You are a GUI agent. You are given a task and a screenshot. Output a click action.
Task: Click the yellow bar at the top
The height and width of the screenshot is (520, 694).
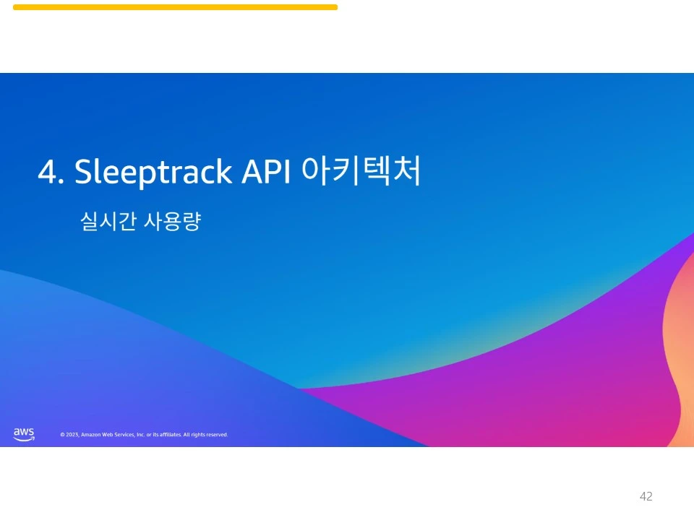pos(175,7)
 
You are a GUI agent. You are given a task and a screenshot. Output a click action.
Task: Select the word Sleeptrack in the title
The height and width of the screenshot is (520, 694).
pos(153,173)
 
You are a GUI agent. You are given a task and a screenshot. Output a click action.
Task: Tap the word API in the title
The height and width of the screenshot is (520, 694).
pos(265,172)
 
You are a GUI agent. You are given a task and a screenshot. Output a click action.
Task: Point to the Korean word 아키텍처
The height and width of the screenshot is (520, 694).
pos(361,170)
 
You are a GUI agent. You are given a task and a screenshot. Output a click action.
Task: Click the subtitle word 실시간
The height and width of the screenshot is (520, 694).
pos(108,221)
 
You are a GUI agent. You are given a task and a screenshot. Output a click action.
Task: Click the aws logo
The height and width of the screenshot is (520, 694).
pos(24,435)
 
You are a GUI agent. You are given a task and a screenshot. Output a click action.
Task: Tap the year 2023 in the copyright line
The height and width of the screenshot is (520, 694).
pos(72,435)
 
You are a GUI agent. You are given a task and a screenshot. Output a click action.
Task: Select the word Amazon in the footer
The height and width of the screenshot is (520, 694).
pos(91,435)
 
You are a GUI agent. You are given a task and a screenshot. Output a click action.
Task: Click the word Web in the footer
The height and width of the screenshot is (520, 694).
pos(108,435)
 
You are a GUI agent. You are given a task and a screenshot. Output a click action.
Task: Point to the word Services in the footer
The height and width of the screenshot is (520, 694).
pos(125,435)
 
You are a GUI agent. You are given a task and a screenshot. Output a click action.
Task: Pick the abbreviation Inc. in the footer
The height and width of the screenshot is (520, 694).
pos(141,435)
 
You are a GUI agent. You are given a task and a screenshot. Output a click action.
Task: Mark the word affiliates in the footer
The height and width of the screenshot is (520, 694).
pos(171,435)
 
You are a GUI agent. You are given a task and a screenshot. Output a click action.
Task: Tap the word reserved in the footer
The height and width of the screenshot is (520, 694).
pos(216,435)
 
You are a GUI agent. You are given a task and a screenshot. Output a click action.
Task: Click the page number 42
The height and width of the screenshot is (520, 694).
pos(646,496)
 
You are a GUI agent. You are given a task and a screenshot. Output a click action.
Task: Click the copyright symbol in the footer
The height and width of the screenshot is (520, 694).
pos(62,435)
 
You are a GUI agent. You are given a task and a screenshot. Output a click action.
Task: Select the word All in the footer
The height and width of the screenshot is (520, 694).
pos(187,435)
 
